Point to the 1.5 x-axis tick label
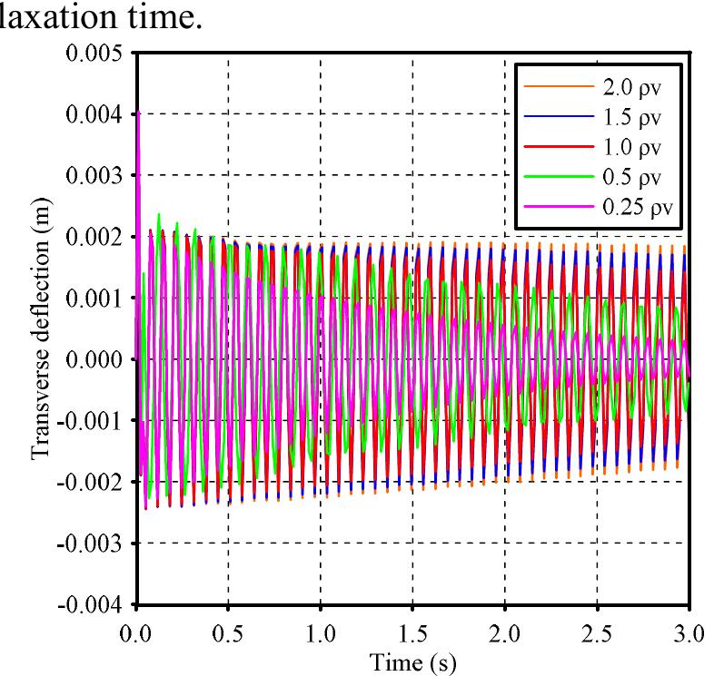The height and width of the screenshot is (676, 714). pyautogui.click(x=412, y=631)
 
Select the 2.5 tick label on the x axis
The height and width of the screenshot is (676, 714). pyautogui.click(x=597, y=631)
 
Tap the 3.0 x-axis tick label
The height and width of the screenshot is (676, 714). pyautogui.click(x=689, y=631)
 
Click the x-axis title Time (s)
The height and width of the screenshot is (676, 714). pyautogui.click(x=413, y=661)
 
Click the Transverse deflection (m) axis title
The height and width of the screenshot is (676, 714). pyautogui.click(x=41, y=328)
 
